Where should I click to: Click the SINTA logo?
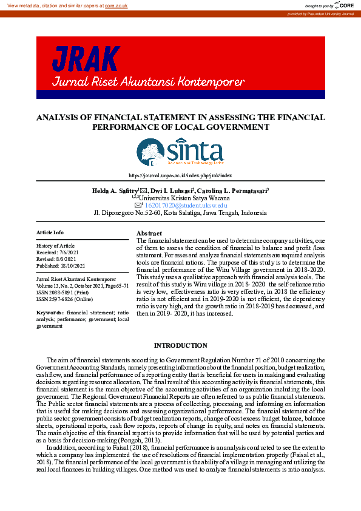pyautogui.click(x=180, y=152)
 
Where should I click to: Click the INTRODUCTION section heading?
pyautogui.click(x=180, y=345)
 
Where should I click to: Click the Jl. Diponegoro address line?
pyautogui.click(x=180, y=213)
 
